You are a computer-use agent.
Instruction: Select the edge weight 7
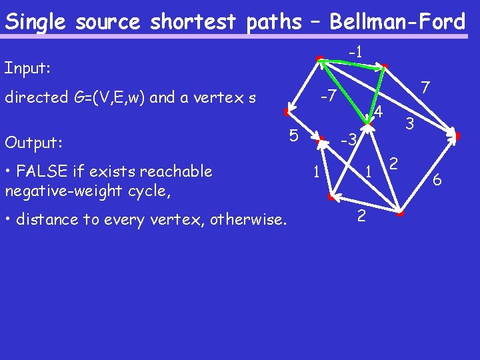[x=425, y=87]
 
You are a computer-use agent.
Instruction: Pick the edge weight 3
[x=410, y=123]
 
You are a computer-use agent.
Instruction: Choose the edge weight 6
[x=437, y=179]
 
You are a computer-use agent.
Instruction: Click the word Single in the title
[x=37, y=22]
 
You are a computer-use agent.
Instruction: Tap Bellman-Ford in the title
[x=397, y=22]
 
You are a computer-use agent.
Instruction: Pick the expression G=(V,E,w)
[x=108, y=98]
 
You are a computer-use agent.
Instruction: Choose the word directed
[x=36, y=98]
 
